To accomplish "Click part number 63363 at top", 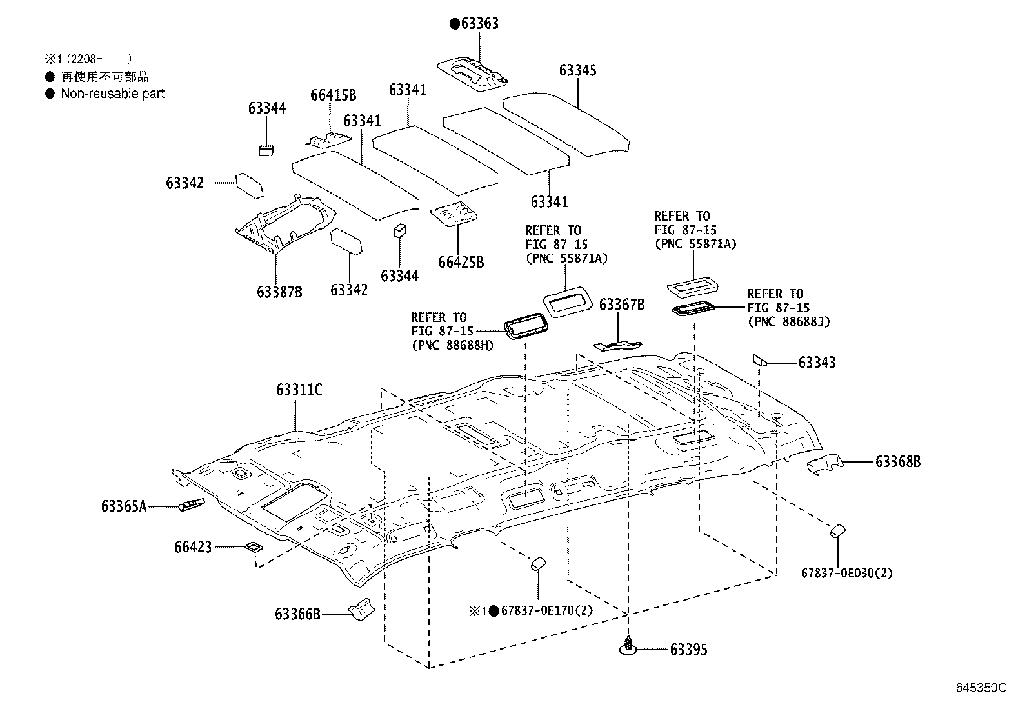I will (479, 25).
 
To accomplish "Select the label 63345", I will (577, 70).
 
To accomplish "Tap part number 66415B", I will (333, 95).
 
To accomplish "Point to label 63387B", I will (279, 292).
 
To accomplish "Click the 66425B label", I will (461, 263).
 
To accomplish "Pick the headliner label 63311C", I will (299, 390).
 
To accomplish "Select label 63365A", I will (124, 506).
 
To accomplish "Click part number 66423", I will (192, 547).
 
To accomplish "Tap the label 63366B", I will (297, 614).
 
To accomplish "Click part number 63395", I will (688, 650).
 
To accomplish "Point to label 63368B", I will (897, 462).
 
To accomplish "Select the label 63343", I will (817, 363).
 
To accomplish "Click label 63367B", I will (622, 305).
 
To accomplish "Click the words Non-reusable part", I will (112, 94).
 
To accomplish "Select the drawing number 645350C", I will (981, 688).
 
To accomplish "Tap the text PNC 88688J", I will (788, 321).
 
